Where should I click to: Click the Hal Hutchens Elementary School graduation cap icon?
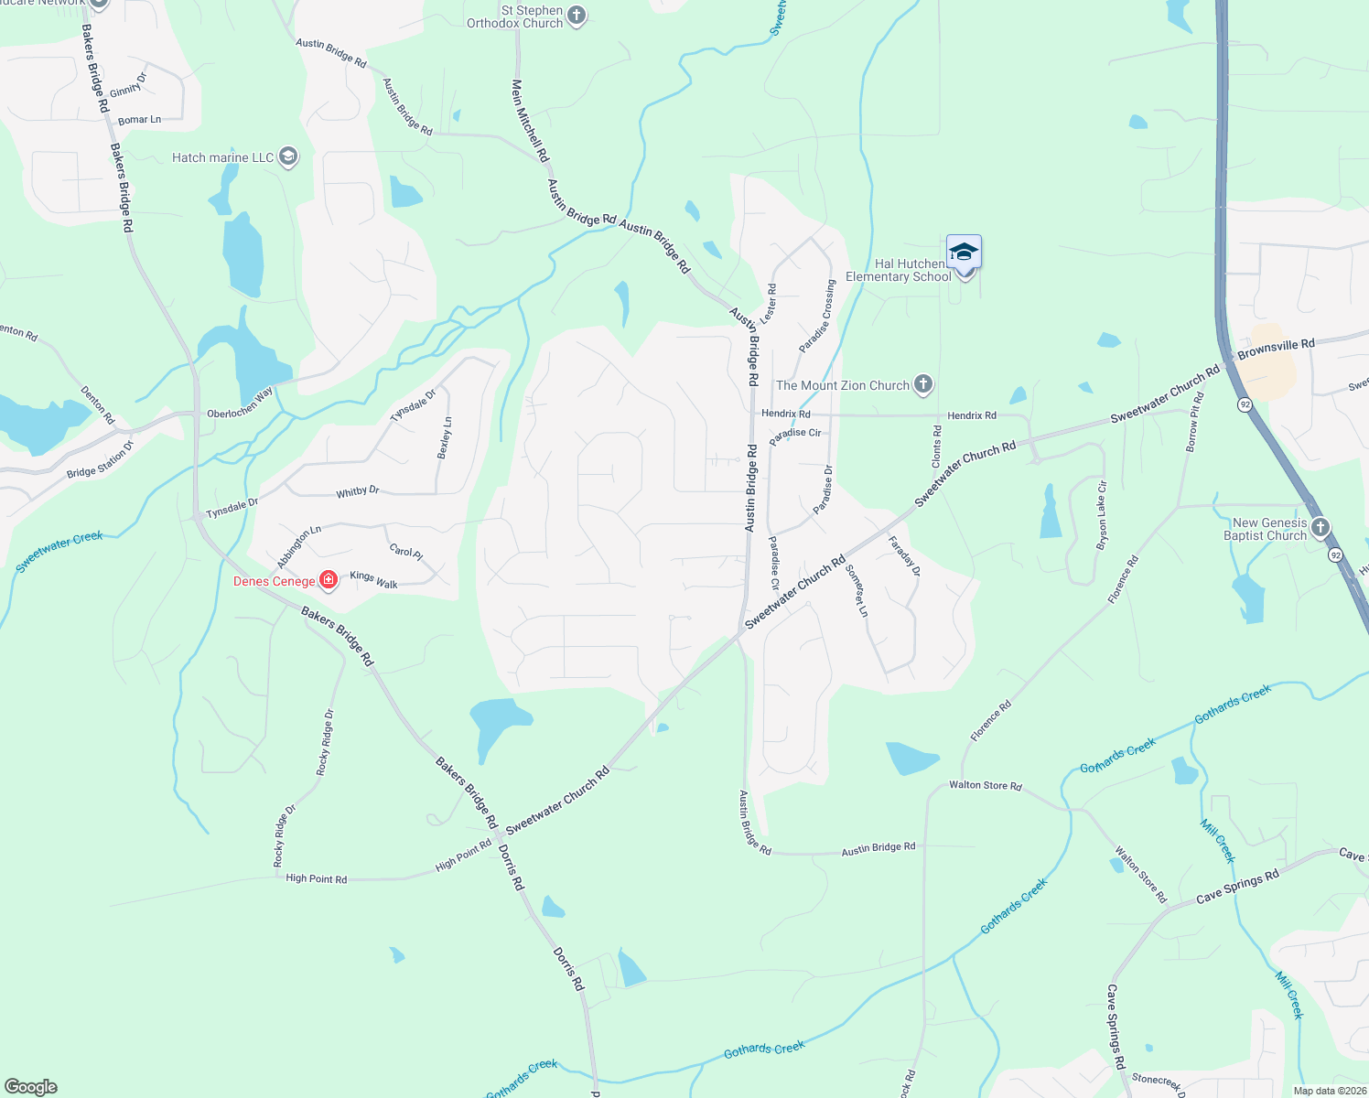pyautogui.click(x=964, y=252)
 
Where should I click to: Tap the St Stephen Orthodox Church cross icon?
pyautogui.click(x=577, y=16)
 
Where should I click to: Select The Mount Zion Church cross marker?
pyautogui.click(x=923, y=385)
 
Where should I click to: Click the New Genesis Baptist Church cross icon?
pyautogui.click(x=1320, y=528)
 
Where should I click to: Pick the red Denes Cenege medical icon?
pyautogui.click(x=329, y=580)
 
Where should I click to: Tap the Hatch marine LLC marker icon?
pyautogui.click(x=288, y=157)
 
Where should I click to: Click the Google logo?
pyautogui.click(x=31, y=1087)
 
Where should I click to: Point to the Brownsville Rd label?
pyautogui.click(x=1276, y=349)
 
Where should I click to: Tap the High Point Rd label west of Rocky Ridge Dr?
pyautogui.click(x=316, y=878)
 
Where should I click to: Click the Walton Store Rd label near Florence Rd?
pyautogui.click(x=985, y=785)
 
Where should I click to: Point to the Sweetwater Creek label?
pyautogui.click(x=59, y=553)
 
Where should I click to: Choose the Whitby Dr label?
pyautogui.click(x=357, y=492)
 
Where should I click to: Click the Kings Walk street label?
pyautogui.click(x=373, y=579)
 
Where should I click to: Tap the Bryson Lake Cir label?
pyautogui.click(x=1102, y=515)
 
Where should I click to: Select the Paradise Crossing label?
pyautogui.click(x=817, y=317)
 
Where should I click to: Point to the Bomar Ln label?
pyautogui.click(x=139, y=120)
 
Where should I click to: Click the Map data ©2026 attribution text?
pyautogui.click(x=1330, y=1091)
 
